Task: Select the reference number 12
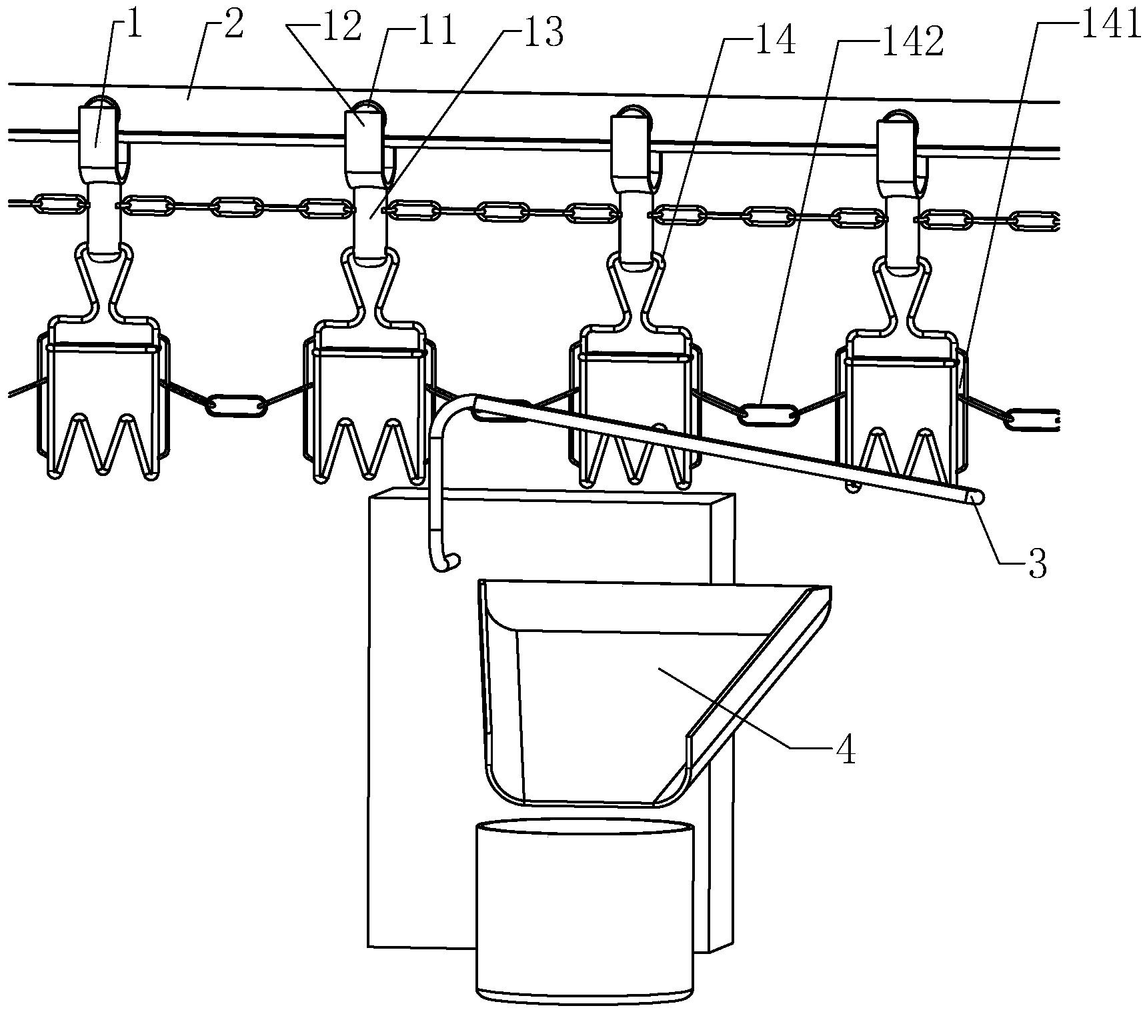coord(344,30)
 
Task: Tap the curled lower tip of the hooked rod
coord(448,564)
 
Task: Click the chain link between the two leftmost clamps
coord(236,405)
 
